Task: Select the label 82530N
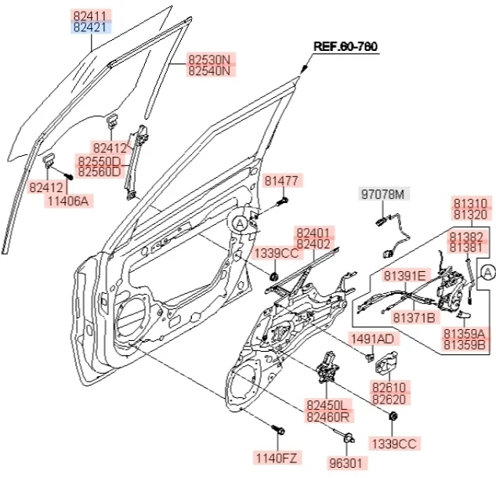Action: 210,59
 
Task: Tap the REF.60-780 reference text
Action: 346,46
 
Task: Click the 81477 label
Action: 281,181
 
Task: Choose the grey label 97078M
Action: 384,194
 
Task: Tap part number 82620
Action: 389,400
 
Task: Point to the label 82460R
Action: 328,416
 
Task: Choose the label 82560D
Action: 99,171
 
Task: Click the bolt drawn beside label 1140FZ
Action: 277,431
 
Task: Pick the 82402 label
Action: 313,244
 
